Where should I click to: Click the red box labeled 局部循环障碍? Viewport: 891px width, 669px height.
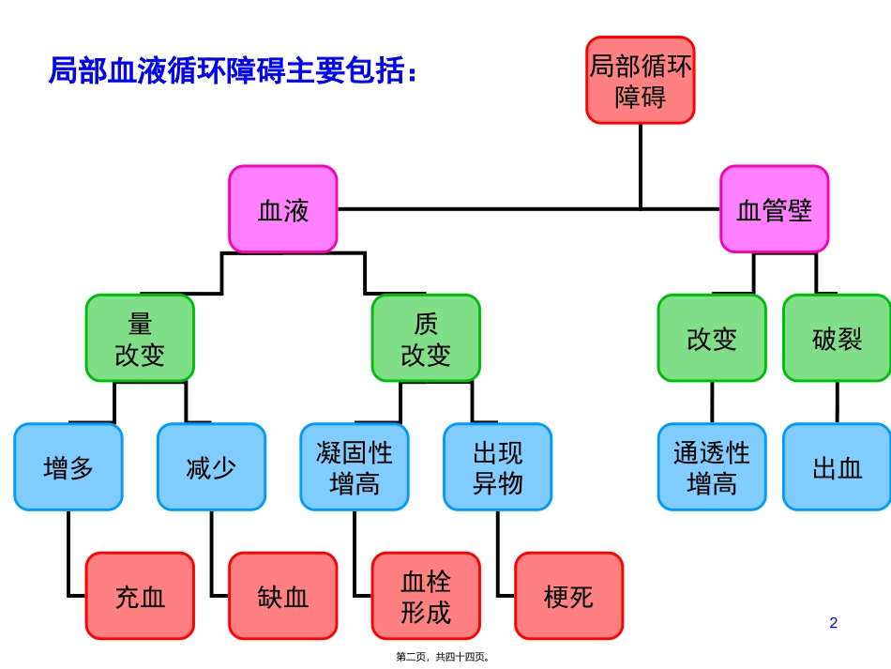tap(641, 81)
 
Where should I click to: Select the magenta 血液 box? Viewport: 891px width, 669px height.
tap(283, 209)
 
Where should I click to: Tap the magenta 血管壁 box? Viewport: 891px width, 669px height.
tap(774, 209)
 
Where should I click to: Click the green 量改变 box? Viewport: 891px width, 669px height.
tap(140, 338)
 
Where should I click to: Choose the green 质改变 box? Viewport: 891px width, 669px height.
tap(426, 338)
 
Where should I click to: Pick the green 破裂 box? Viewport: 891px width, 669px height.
tap(837, 338)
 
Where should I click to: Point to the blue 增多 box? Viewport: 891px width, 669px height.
tap(68, 466)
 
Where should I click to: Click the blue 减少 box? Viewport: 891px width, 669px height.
tap(211, 466)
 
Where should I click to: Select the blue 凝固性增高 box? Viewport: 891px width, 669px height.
tap(355, 466)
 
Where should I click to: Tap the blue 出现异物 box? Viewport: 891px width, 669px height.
tap(497, 466)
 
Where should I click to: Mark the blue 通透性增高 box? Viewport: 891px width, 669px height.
tap(712, 466)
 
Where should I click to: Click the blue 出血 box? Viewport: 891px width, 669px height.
tap(837, 466)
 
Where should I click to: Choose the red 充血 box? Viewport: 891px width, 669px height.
tap(140, 596)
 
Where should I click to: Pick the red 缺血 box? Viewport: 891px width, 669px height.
tap(283, 596)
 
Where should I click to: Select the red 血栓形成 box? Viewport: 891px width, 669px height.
tap(426, 596)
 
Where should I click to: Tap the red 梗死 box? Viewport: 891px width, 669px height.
tap(568, 596)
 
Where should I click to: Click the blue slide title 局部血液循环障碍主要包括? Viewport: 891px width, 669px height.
tap(231, 70)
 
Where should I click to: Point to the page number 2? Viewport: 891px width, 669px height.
tap(834, 623)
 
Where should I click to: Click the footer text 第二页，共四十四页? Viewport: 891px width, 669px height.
tap(445, 657)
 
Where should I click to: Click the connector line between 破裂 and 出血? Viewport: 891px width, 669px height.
tap(838, 402)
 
